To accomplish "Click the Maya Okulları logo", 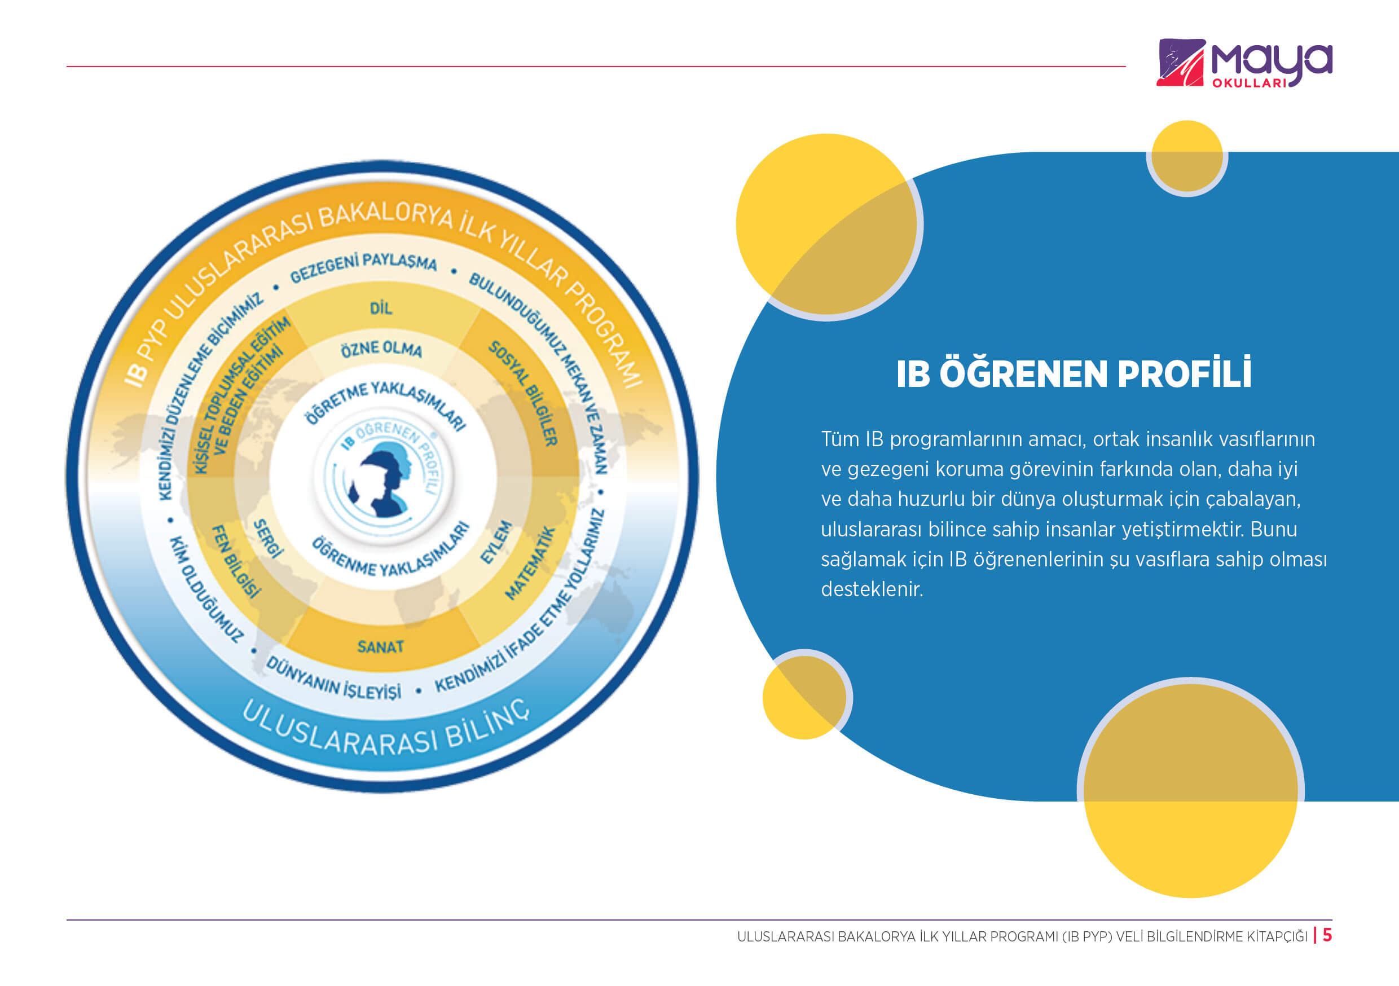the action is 1244,63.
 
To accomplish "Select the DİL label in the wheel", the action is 381,309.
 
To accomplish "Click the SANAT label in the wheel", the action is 380,646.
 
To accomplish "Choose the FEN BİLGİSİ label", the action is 236,561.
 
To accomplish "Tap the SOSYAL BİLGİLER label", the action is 523,393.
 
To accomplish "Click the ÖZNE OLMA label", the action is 381,349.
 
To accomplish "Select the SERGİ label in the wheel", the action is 268,539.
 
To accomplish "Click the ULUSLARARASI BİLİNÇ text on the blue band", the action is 386,729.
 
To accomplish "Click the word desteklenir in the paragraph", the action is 872,589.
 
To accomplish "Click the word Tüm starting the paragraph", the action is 839,439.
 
